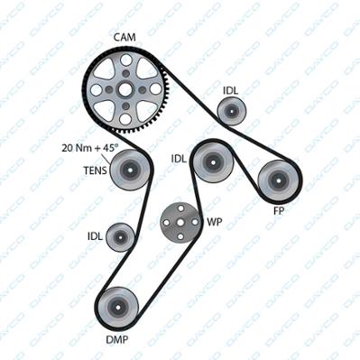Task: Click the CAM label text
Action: [125, 37]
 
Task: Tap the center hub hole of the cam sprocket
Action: [125, 89]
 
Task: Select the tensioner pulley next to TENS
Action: [130, 170]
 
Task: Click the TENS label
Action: [95, 171]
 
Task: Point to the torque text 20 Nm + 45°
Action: [90, 148]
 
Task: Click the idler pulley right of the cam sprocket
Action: [232, 111]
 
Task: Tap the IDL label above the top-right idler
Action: [230, 90]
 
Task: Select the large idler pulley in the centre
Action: [213, 162]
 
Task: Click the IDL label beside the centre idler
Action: [179, 159]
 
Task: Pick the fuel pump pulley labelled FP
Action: [278, 180]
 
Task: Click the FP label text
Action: [279, 211]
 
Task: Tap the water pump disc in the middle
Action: [180, 222]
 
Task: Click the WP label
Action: [215, 222]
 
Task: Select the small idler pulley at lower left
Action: [121, 237]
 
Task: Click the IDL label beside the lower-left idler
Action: [95, 236]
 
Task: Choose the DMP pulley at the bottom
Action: [117, 308]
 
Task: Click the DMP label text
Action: [117, 340]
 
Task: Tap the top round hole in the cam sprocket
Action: [125, 60]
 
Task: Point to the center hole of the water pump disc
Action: [180, 222]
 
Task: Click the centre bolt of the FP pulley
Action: [278, 180]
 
